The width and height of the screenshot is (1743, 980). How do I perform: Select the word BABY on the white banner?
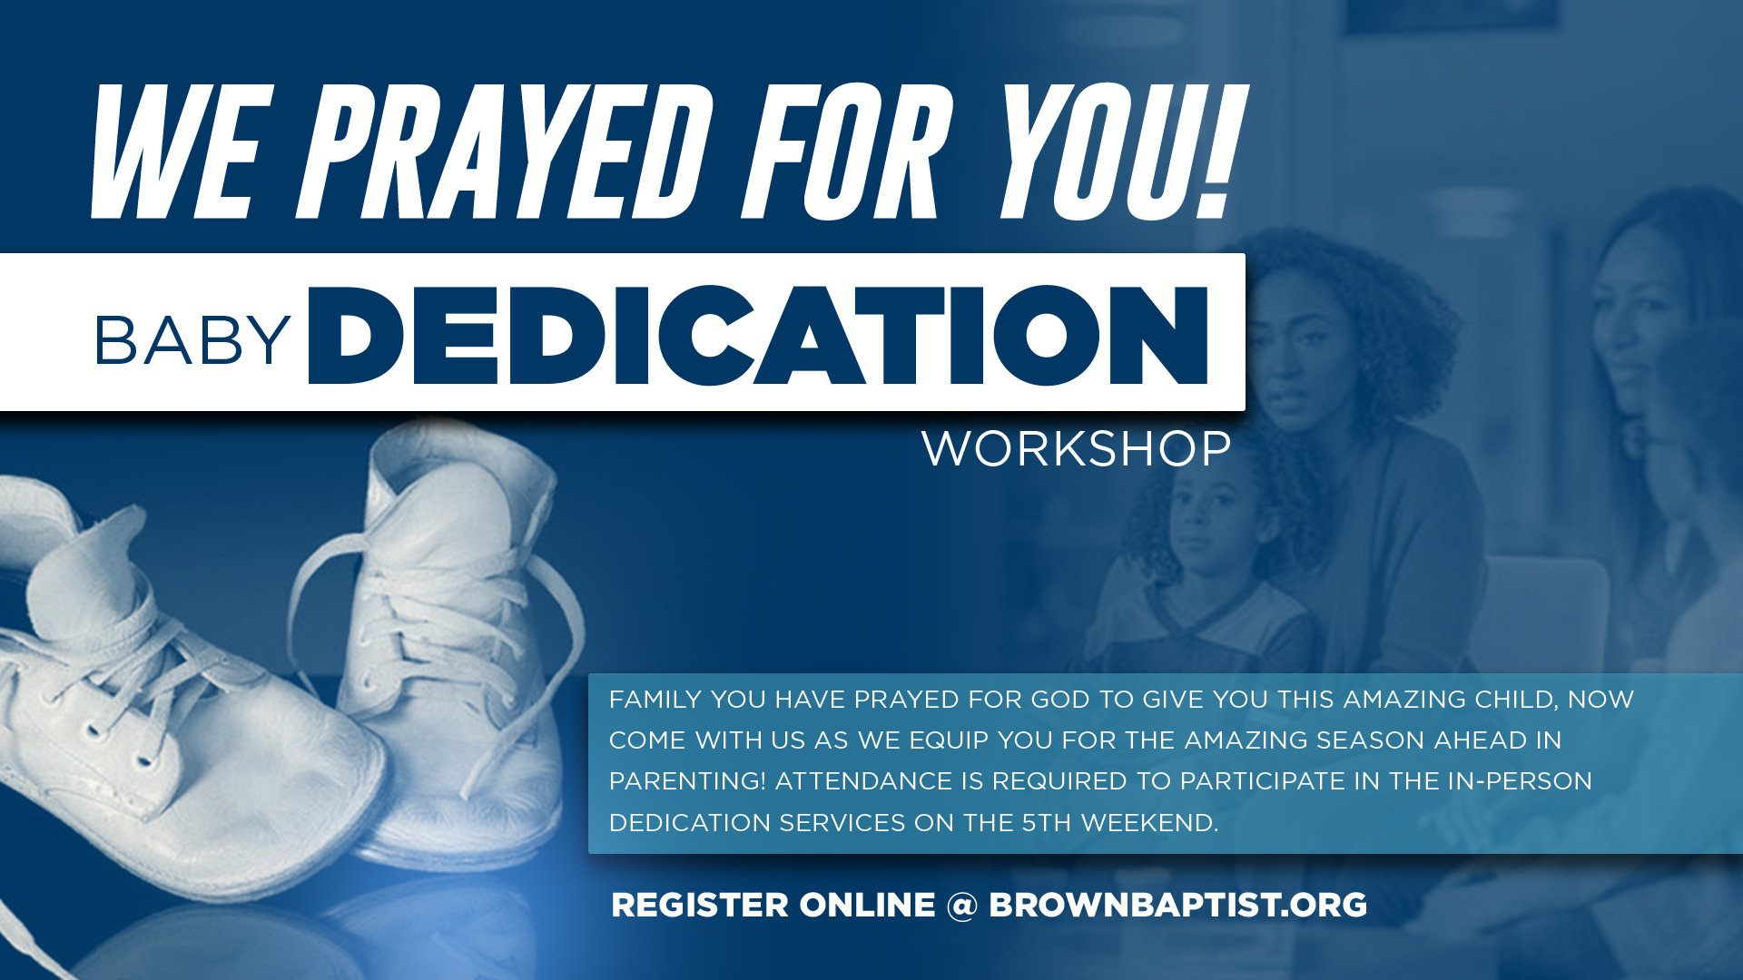[192, 341]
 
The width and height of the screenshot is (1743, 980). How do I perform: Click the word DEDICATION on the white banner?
[759, 335]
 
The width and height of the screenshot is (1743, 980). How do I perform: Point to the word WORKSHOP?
[1077, 448]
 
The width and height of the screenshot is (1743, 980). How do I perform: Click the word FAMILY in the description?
[655, 700]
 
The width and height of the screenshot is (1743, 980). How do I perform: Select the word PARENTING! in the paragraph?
[687, 781]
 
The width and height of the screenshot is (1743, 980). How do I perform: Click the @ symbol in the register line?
[961, 906]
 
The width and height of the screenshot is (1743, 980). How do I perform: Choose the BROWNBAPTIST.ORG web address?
[1177, 906]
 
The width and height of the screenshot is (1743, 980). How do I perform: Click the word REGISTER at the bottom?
[700, 906]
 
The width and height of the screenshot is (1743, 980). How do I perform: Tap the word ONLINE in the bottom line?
[867, 906]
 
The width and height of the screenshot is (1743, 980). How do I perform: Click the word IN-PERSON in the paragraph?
[1520, 781]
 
